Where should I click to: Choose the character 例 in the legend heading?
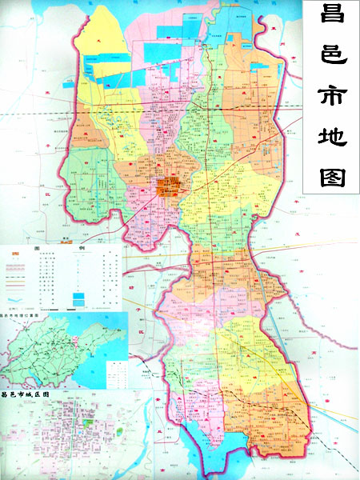click(x=80, y=249)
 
